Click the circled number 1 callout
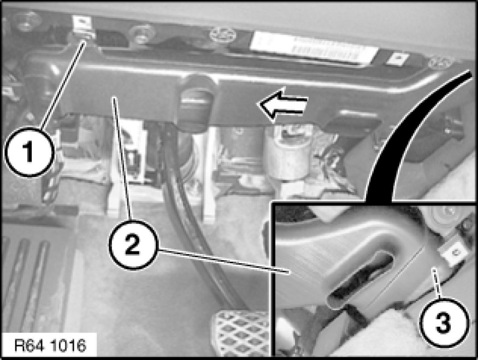[x=30, y=152]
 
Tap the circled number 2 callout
[x=133, y=245]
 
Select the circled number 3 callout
[x=444, y=323]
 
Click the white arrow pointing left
[x=283, y=104]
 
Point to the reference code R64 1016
[x=50, y=346]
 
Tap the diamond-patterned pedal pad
[x=241, y=333]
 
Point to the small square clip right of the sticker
[x=398, y=60]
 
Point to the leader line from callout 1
[x=62, y=85]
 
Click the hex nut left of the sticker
[x=141, y=34]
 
